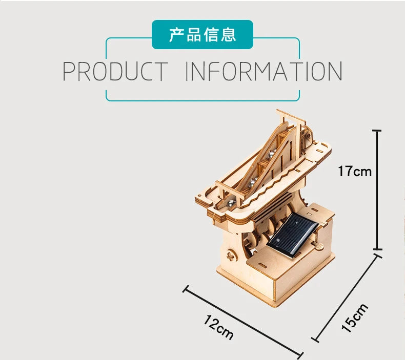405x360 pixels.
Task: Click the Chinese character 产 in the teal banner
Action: [x=177, y=35]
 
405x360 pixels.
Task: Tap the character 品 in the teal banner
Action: [x=194, y=35]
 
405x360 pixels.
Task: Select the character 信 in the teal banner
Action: [x=211, y=35]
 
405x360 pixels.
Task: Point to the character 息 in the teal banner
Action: [x=228, y=35]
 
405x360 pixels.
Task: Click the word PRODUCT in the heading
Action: [x=115, y=71]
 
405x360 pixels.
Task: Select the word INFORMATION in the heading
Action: [x=264, y=71]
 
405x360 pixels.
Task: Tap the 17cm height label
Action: [x=355, y=171]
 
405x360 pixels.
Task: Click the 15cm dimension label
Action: [x=354, y=317]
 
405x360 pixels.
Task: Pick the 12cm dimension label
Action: [x=218, y=327]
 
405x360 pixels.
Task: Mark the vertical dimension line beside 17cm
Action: [x=377, y=190]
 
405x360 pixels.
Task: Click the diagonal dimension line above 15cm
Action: [x=347, y=298]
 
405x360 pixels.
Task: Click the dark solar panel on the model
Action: [x=292, y=236]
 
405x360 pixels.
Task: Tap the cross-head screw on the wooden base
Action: [x=231, y=256]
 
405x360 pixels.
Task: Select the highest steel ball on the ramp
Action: [x=271, y=154]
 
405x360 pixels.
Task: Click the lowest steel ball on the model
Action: [x=231, y=203]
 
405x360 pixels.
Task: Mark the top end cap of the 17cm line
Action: [x=377, y=131]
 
